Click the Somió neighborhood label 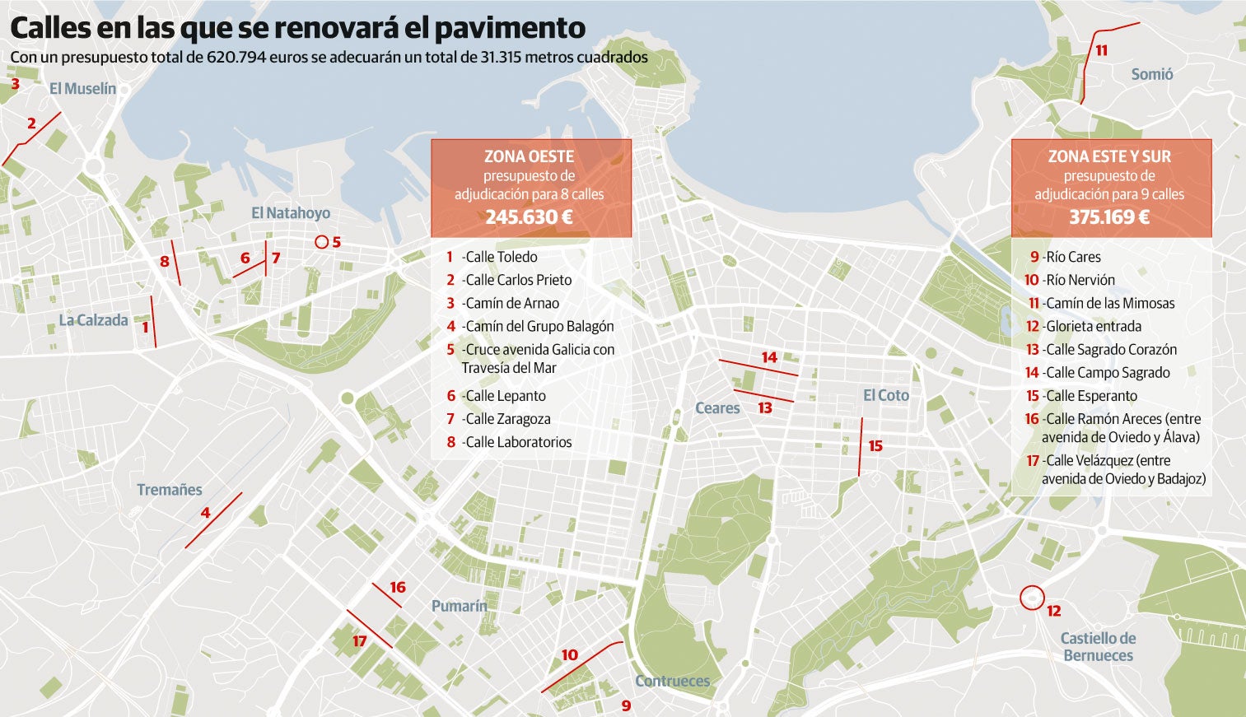click(x=1151, y=74)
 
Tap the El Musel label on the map click(x=82, y=89)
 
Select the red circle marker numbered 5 click(x=321, y=242)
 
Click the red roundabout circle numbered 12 click(x=1031, y=598)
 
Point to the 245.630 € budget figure click(x=529, y=217)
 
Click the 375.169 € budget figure click(x=1109, y=217)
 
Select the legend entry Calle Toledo click(x=501, y=257)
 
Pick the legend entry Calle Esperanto click(x=1090, y=396)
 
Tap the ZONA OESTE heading click(x=529, y=156)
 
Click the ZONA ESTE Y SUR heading click(x=1109, y=156)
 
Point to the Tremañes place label click(x=169, y=490)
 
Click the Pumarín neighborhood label click(x=459, y=606)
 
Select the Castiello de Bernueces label click(x=1098, y=647)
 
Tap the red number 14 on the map click(x=768, y=357)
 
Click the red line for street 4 click(x=213, y=520)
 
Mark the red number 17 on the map click(x=359, y=641)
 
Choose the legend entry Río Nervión click(x=1080, y=280)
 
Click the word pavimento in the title click(x=510, y=28)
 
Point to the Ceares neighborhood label click(x=717, y=408)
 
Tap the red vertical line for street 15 click(x=861, y=447)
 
